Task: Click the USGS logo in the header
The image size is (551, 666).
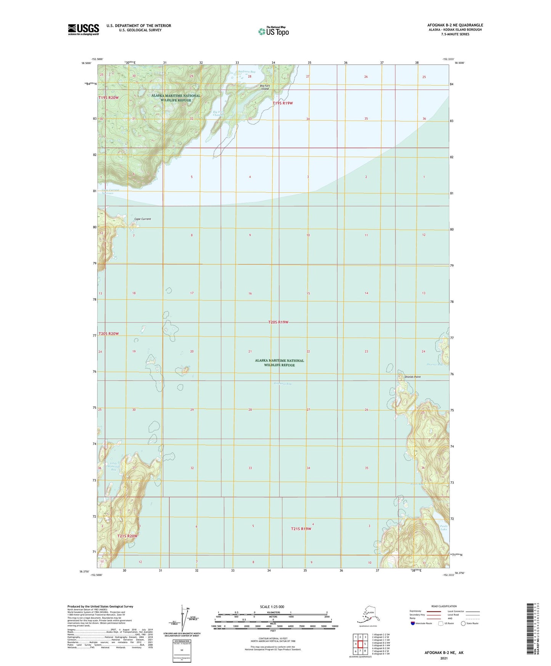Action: tap(83, 29)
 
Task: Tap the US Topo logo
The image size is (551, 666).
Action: tap(273, 31)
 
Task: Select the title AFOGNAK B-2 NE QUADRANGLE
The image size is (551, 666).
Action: tap(455, 25)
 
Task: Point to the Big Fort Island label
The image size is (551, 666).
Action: tap(265, 87)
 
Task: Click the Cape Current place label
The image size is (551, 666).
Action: tap(143, 219)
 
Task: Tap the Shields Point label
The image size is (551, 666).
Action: tap(412, 377)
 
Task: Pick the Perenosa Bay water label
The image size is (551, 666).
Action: tap(282, 383)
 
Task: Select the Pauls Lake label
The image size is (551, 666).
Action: tap(443, 528)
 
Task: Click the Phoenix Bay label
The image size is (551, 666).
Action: tap(434, 365)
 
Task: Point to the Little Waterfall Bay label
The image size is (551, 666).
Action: tap(114, 466)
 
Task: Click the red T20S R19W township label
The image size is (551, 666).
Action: tap(278, 322)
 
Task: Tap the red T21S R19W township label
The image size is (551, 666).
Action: tap(301, 529)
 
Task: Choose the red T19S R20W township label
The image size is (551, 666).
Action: tap(109, 98)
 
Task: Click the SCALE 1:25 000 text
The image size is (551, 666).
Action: tap(272, 607)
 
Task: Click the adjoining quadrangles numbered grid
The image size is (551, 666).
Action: tap(360, 644)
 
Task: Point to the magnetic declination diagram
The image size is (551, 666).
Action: tap(185, 617)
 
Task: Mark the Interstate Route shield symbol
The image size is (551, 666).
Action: tap(413, 623)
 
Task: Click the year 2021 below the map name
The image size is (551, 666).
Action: tap(443, 658)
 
